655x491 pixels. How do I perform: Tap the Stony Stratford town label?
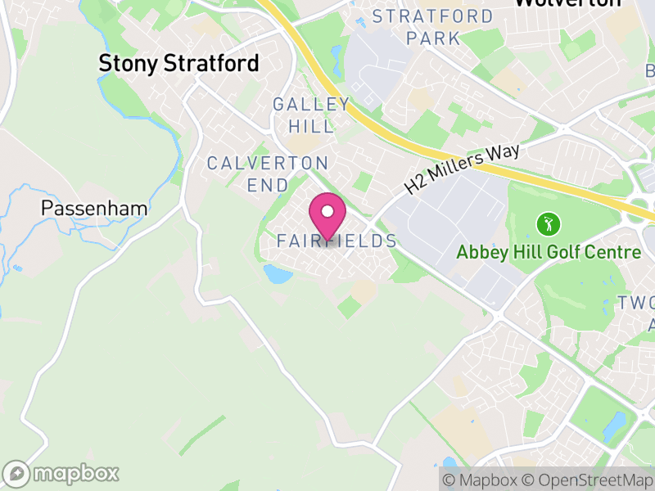tap(178, 63)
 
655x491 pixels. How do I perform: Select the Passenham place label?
tap(94, 208)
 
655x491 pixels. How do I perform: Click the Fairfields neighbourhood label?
tap(337, 241)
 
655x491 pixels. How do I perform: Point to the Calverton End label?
tap(268, 173)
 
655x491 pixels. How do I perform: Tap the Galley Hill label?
tap(311, 115)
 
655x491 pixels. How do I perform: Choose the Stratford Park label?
tap(433, 27)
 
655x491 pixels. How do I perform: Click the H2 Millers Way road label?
tap(463, 169)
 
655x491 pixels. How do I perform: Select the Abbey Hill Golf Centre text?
tap(549, 252)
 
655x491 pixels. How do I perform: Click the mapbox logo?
tap(62, 473)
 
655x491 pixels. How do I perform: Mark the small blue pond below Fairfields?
tap(277, 274)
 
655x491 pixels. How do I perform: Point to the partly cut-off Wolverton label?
tap(567, 3)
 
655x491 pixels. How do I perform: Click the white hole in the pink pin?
tap(327, 211)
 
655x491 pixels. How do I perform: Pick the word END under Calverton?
tap(268, 185)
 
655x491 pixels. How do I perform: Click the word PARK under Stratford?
tap(433, 38)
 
